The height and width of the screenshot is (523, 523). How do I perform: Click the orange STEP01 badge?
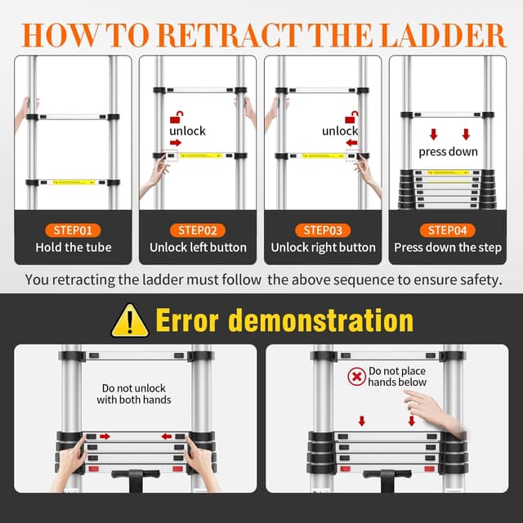74,230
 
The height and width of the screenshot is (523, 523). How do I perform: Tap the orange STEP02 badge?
199,230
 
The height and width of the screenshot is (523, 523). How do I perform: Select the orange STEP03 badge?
324,230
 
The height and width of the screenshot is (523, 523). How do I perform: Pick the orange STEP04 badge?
448,230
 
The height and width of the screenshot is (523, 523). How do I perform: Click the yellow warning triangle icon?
131,320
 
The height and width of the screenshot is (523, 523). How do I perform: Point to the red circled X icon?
356,377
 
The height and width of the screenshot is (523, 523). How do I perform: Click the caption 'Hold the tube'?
74,248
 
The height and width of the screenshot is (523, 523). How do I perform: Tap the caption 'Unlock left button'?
199,248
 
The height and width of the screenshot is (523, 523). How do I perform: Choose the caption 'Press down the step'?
448,248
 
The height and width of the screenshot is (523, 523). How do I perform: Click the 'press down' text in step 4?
447,151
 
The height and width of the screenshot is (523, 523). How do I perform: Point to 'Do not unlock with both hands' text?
134,394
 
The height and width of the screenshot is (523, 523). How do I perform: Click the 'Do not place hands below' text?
397,377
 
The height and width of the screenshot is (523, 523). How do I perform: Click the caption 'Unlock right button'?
324,248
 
